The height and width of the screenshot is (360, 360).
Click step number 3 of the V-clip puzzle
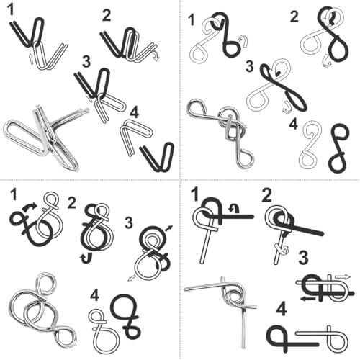tap(86, 61)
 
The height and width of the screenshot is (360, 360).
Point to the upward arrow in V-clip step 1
tap(31, 58)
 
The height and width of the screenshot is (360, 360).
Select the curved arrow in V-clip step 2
tap(156, 55)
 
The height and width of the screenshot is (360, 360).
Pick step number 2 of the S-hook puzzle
tap(294, 17)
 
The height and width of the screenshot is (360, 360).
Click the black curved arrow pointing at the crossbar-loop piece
tap(29, 207)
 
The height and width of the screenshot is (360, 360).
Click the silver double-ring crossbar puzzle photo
tap(41, 312)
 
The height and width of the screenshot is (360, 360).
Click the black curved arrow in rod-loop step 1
tap(234, 208)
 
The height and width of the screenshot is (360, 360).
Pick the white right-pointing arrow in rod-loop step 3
tap(343, 277)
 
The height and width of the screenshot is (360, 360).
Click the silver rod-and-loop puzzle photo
tap(221, 312)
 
